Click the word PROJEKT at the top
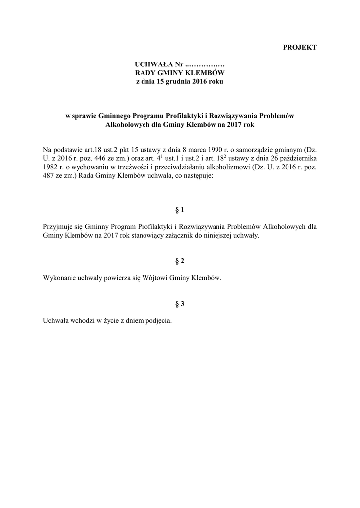299,48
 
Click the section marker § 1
180,210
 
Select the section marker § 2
180,261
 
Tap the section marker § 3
180,304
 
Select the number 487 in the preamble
51,176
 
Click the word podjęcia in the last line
157,321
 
